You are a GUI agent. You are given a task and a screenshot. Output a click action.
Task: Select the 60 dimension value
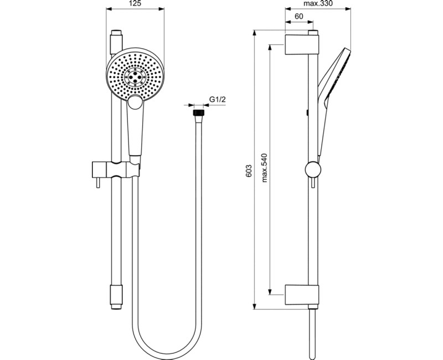pos(298,17)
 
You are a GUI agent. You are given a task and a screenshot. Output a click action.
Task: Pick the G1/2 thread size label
pos(217,100)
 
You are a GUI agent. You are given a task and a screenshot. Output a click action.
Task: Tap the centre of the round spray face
pos(133,77)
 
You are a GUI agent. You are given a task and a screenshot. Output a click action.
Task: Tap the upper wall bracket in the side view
pos(302,44)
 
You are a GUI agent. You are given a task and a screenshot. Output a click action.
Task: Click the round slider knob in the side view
pos(312,169)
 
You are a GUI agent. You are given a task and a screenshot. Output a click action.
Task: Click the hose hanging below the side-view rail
pos(313,332)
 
